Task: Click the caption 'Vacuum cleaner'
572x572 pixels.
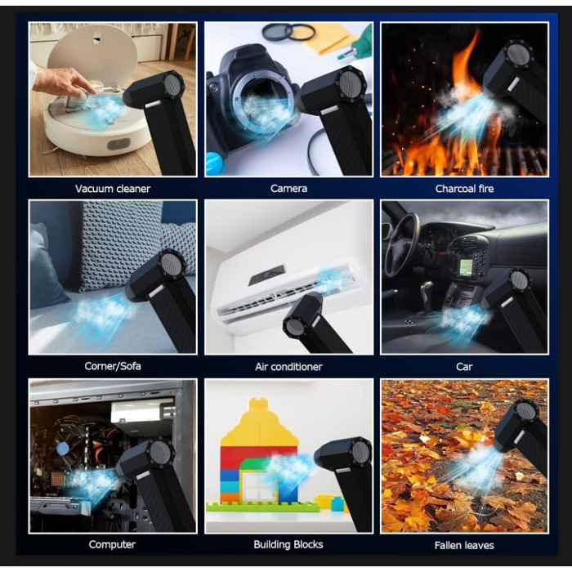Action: pyautogui.click(x=113, y=189)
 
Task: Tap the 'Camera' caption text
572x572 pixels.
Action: pyautogui.click(x=288, y=188)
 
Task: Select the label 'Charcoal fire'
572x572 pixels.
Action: pyautogui.click(x=464, y=189)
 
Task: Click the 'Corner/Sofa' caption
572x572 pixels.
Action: pyautogui.click(x=113, y=366)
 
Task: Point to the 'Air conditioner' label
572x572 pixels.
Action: pyautogui.click(x=288, y=366)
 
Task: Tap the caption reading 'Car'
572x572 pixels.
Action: pyautogui.click(x=464, y=366)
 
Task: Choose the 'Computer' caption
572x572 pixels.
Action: pyautogui.click(x=112, y=544)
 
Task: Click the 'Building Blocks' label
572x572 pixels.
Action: pyautogui.click(x=288, y=544)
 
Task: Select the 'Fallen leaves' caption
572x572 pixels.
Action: pyautogui.click(x=464, y=545)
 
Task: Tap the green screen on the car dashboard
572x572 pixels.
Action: pyautogui.click(x=465, y=267)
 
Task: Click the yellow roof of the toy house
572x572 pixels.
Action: pyautogui.click(x=260, y=424)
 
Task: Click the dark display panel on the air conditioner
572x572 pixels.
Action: pyautogui.click(x=266, y=275)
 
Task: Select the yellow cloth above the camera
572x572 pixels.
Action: pyautogui.click(x=329, y=40)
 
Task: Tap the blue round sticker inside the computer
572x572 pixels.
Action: pyautogui.click(x=63, y=449)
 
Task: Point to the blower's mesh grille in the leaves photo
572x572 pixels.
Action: pyautogui.click(x=525, y=411)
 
